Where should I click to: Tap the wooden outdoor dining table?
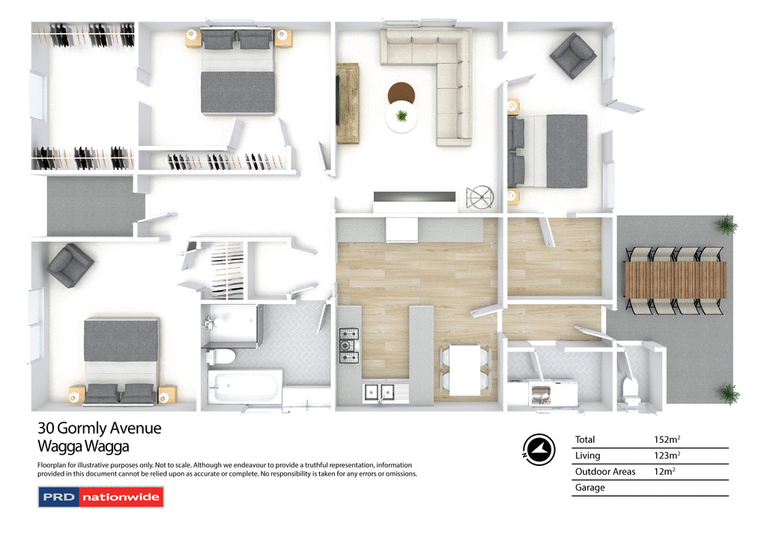(x=676, y=279)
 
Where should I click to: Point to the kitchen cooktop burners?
(x=349, y=345)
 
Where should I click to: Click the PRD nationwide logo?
(x=100, y=497)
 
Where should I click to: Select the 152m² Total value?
(x=667, y=440)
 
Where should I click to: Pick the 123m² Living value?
(x=667, y=456)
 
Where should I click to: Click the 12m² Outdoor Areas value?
(x=664, y=472)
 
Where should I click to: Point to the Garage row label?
(x=589, y=488)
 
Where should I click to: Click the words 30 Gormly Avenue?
(x=99, y=429)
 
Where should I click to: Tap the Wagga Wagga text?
(x=83, y=447)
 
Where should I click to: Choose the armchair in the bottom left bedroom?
(x=70, y=265)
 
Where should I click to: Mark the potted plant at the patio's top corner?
(x=724, y=224)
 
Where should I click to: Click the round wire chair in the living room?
(x=480, y=197)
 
